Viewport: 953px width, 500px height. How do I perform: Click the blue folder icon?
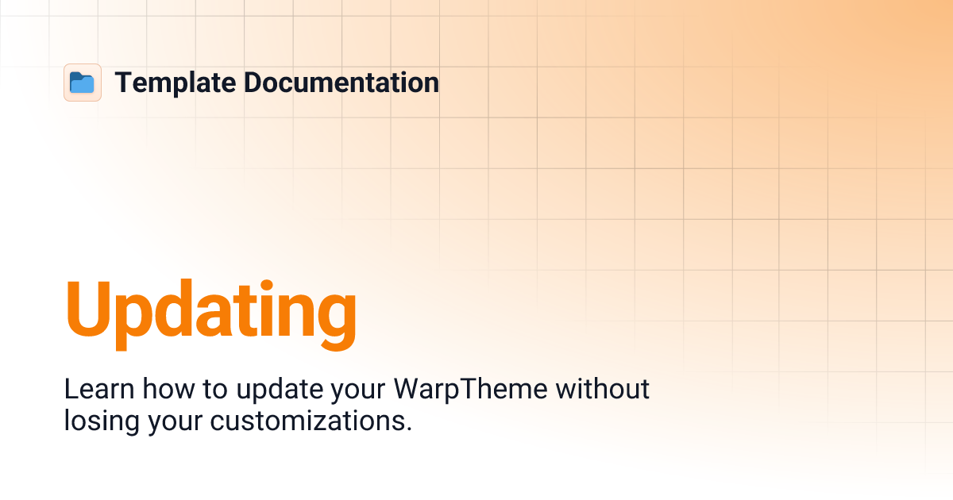(x=82, y=83)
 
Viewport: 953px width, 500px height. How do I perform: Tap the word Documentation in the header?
(x=341, y=83)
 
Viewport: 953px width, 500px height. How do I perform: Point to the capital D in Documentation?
(x=253, y=83)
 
